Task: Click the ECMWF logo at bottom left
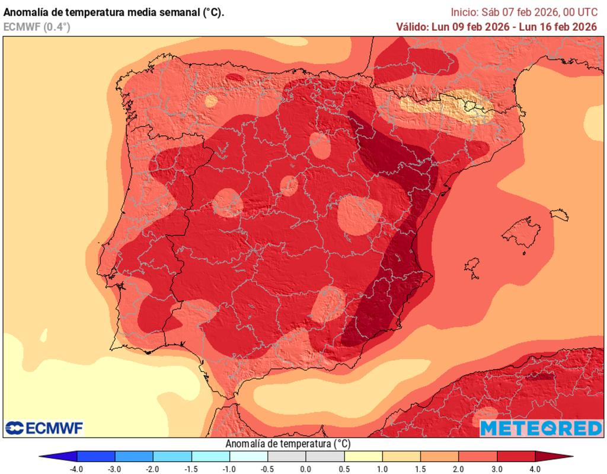[44, 428]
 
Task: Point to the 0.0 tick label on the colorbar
[306, 469]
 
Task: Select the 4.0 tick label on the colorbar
[535, 469]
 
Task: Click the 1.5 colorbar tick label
[420, 469]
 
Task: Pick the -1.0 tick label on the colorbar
[229, 469]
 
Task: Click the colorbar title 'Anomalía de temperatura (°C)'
[287, 444]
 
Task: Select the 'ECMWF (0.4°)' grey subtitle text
[36, 26]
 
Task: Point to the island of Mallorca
[522, 232]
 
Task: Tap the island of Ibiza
[472, 265]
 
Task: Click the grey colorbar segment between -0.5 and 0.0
[286, 457]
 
